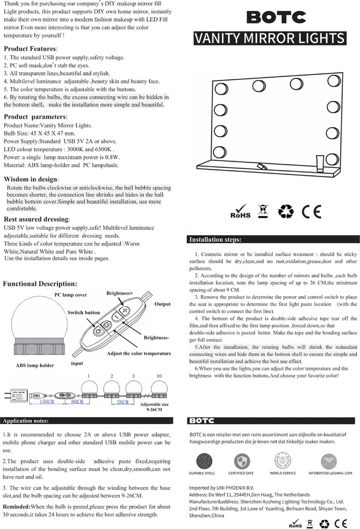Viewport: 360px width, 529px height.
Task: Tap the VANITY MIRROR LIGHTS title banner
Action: click(270, 38)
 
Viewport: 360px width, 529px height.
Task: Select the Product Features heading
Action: click(30, 48)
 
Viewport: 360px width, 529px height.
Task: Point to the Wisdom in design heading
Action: click(30, 179)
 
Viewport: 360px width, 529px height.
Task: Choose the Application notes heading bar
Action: click(26, 421)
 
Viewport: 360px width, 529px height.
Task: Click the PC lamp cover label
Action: click(71, 295)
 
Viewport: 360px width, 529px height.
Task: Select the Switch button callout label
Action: click(84, 313)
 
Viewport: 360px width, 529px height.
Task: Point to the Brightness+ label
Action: click(119, 293)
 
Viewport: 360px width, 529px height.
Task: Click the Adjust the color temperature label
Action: click(139, 354)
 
